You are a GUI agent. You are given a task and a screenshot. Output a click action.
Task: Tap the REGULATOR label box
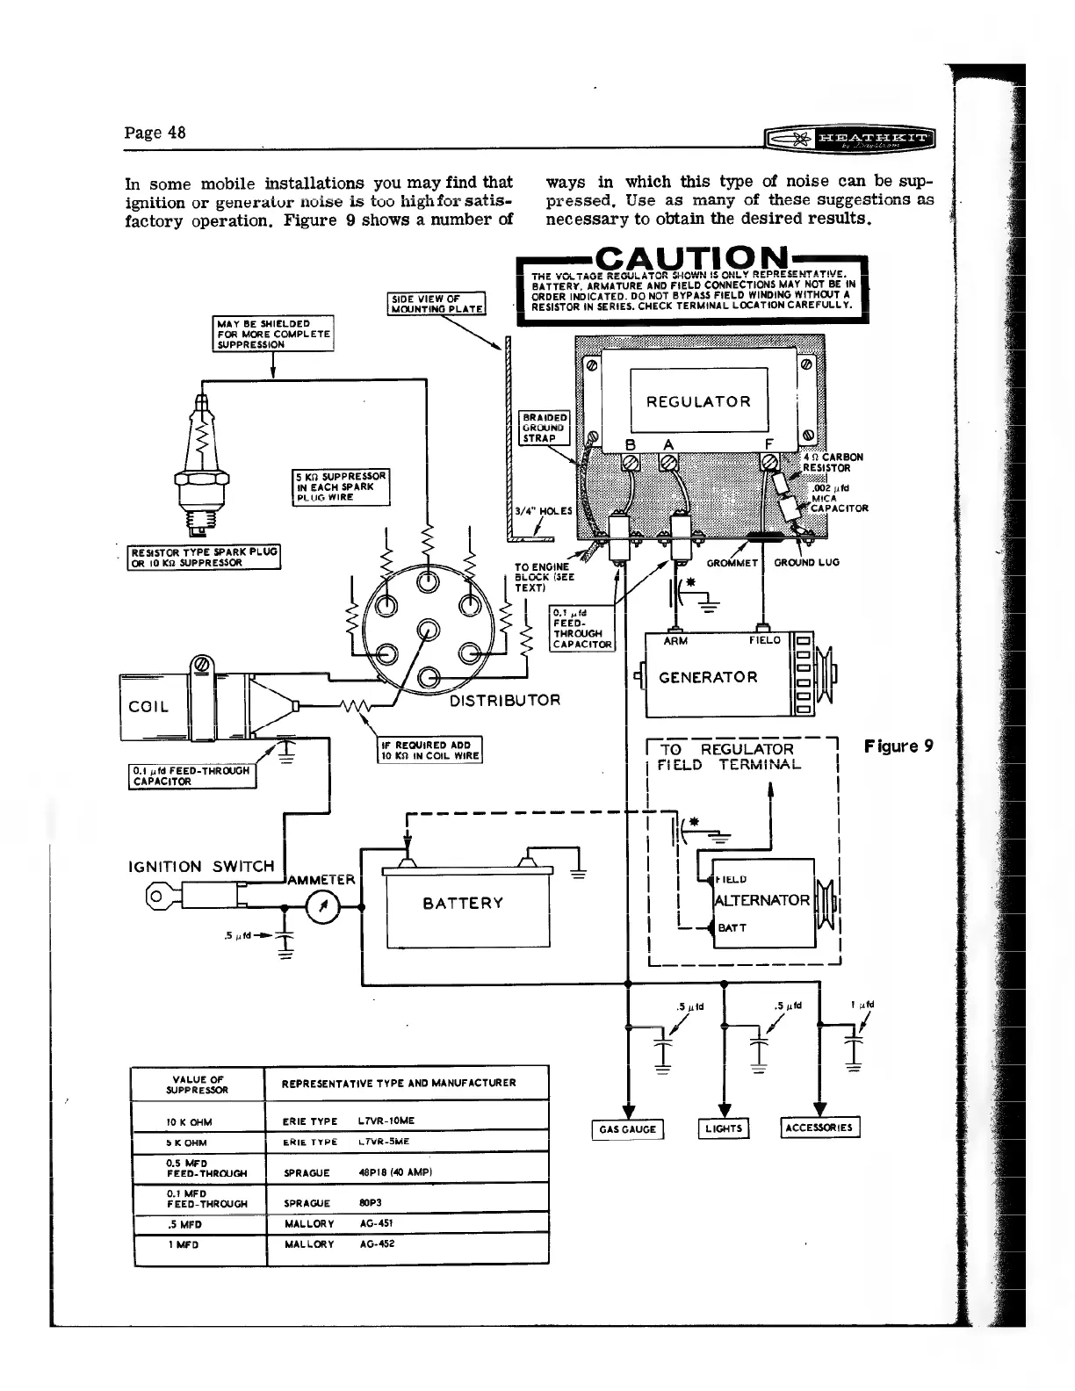pos(698,402)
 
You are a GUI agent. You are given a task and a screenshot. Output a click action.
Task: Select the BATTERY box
pos(463,904)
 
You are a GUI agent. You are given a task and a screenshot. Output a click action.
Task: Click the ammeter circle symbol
pos(323,908)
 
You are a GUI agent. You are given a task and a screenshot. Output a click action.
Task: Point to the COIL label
pos(149,707)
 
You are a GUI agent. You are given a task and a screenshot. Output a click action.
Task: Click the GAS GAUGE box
pos(628,1129)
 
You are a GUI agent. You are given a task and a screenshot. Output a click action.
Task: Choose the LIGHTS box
pos(724,1129)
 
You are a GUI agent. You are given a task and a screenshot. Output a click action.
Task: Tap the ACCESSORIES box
pos(820,1128)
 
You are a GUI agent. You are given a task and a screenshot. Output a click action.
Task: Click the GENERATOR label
pos(708,677)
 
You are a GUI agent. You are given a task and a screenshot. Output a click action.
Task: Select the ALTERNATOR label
pos(762,900)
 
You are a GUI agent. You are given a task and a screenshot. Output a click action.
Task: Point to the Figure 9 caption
pos(898,746)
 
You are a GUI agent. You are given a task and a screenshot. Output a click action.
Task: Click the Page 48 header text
pos(155,133)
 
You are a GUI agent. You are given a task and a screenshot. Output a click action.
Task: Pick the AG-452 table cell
pos(379,1244)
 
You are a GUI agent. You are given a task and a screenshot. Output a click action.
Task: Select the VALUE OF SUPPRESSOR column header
pos(198,1085)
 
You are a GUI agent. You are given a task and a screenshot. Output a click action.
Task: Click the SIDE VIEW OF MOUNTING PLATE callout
pos(436,303)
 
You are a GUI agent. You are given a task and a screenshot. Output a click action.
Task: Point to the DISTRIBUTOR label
pos(504,701)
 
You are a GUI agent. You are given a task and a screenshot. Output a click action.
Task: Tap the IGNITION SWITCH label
pos(201,867)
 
